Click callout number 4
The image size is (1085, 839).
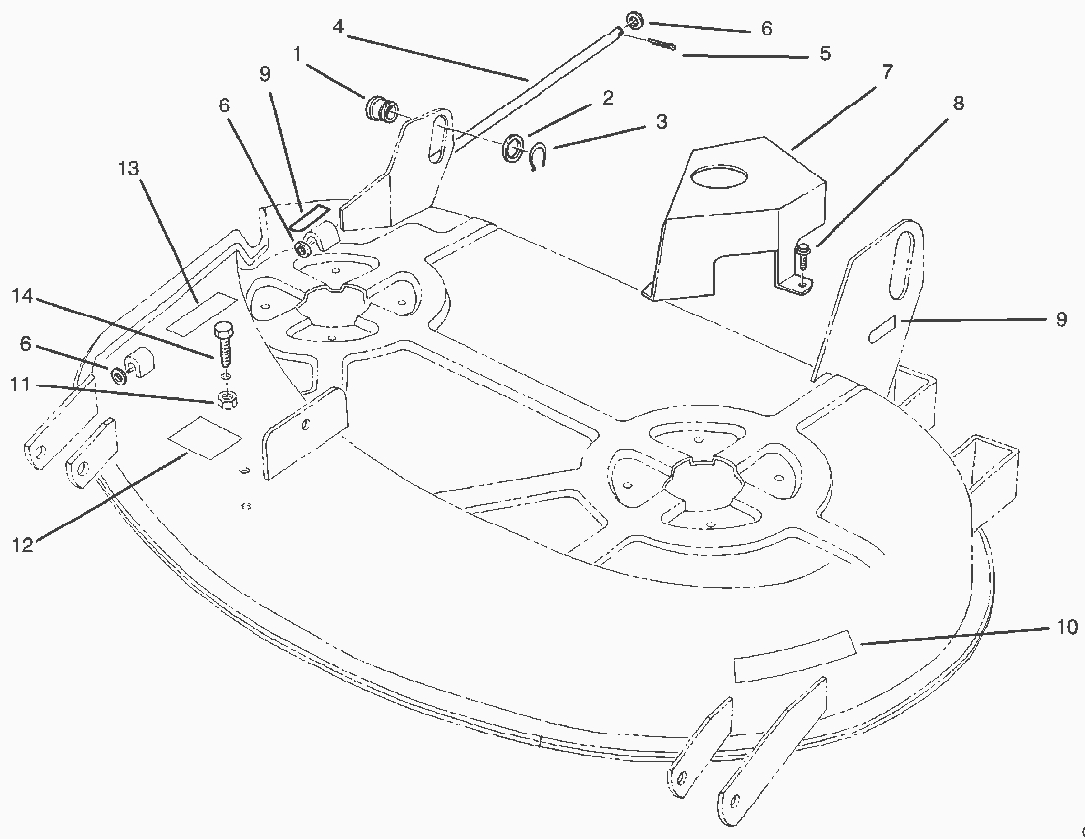338,27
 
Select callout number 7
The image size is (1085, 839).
887,71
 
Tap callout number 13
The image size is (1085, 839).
128,169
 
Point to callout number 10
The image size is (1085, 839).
1067,627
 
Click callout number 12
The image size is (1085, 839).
22,545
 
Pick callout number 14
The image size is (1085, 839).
22,296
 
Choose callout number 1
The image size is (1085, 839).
297,54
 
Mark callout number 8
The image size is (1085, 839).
958,104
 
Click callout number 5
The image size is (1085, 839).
825,53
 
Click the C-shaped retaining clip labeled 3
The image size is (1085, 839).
539,156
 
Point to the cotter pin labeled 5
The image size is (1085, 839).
662,44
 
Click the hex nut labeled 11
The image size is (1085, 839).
226,399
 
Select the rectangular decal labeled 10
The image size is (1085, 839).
796,657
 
